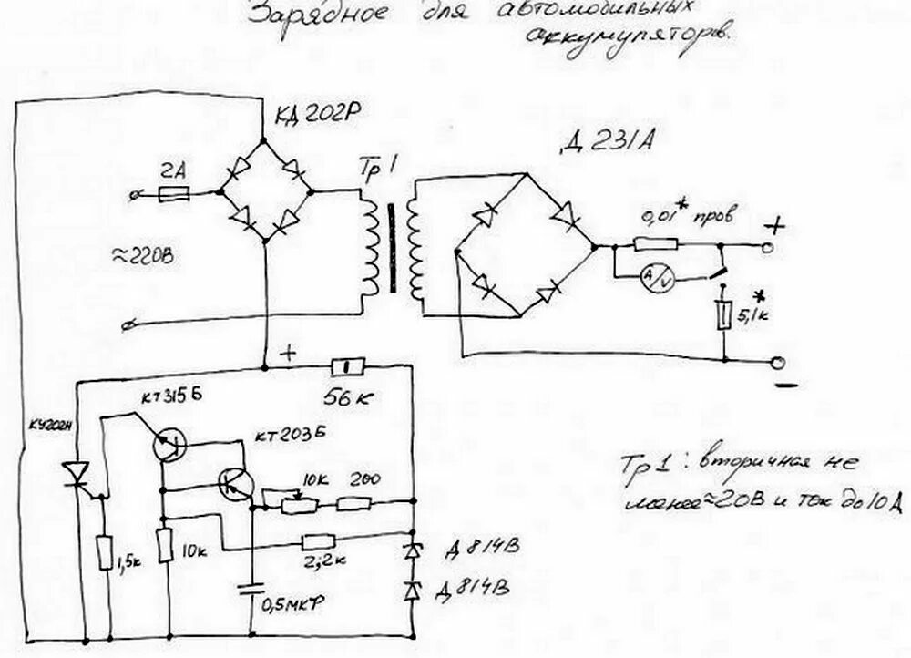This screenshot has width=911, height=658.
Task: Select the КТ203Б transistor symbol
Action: click(x=236, y=486)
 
